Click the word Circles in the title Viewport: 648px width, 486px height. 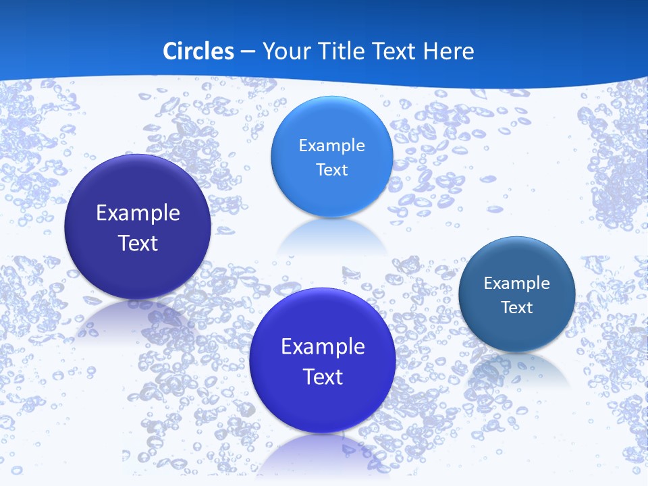(x=198, y=51)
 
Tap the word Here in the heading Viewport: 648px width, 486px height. (x=448, y=51)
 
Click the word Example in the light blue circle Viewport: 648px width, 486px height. (x=331, y=146)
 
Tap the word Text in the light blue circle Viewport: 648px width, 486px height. (x=331, y=170)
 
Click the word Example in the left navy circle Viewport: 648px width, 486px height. (x=138, y=213)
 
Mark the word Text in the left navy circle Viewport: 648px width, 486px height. (x=138, y=243)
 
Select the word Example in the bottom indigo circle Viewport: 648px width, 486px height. (x=323, y=347)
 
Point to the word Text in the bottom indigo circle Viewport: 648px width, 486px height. (x=323, y=377)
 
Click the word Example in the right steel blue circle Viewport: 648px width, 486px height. (x=517, y=283)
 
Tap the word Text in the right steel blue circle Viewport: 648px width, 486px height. (x=517, y=308)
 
